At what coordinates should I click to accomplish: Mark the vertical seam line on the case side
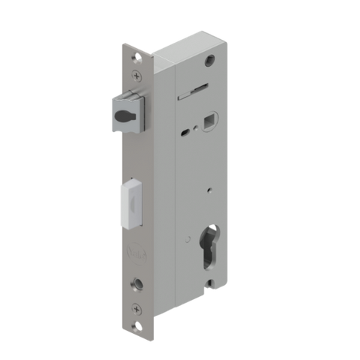[x=174, y=187]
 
